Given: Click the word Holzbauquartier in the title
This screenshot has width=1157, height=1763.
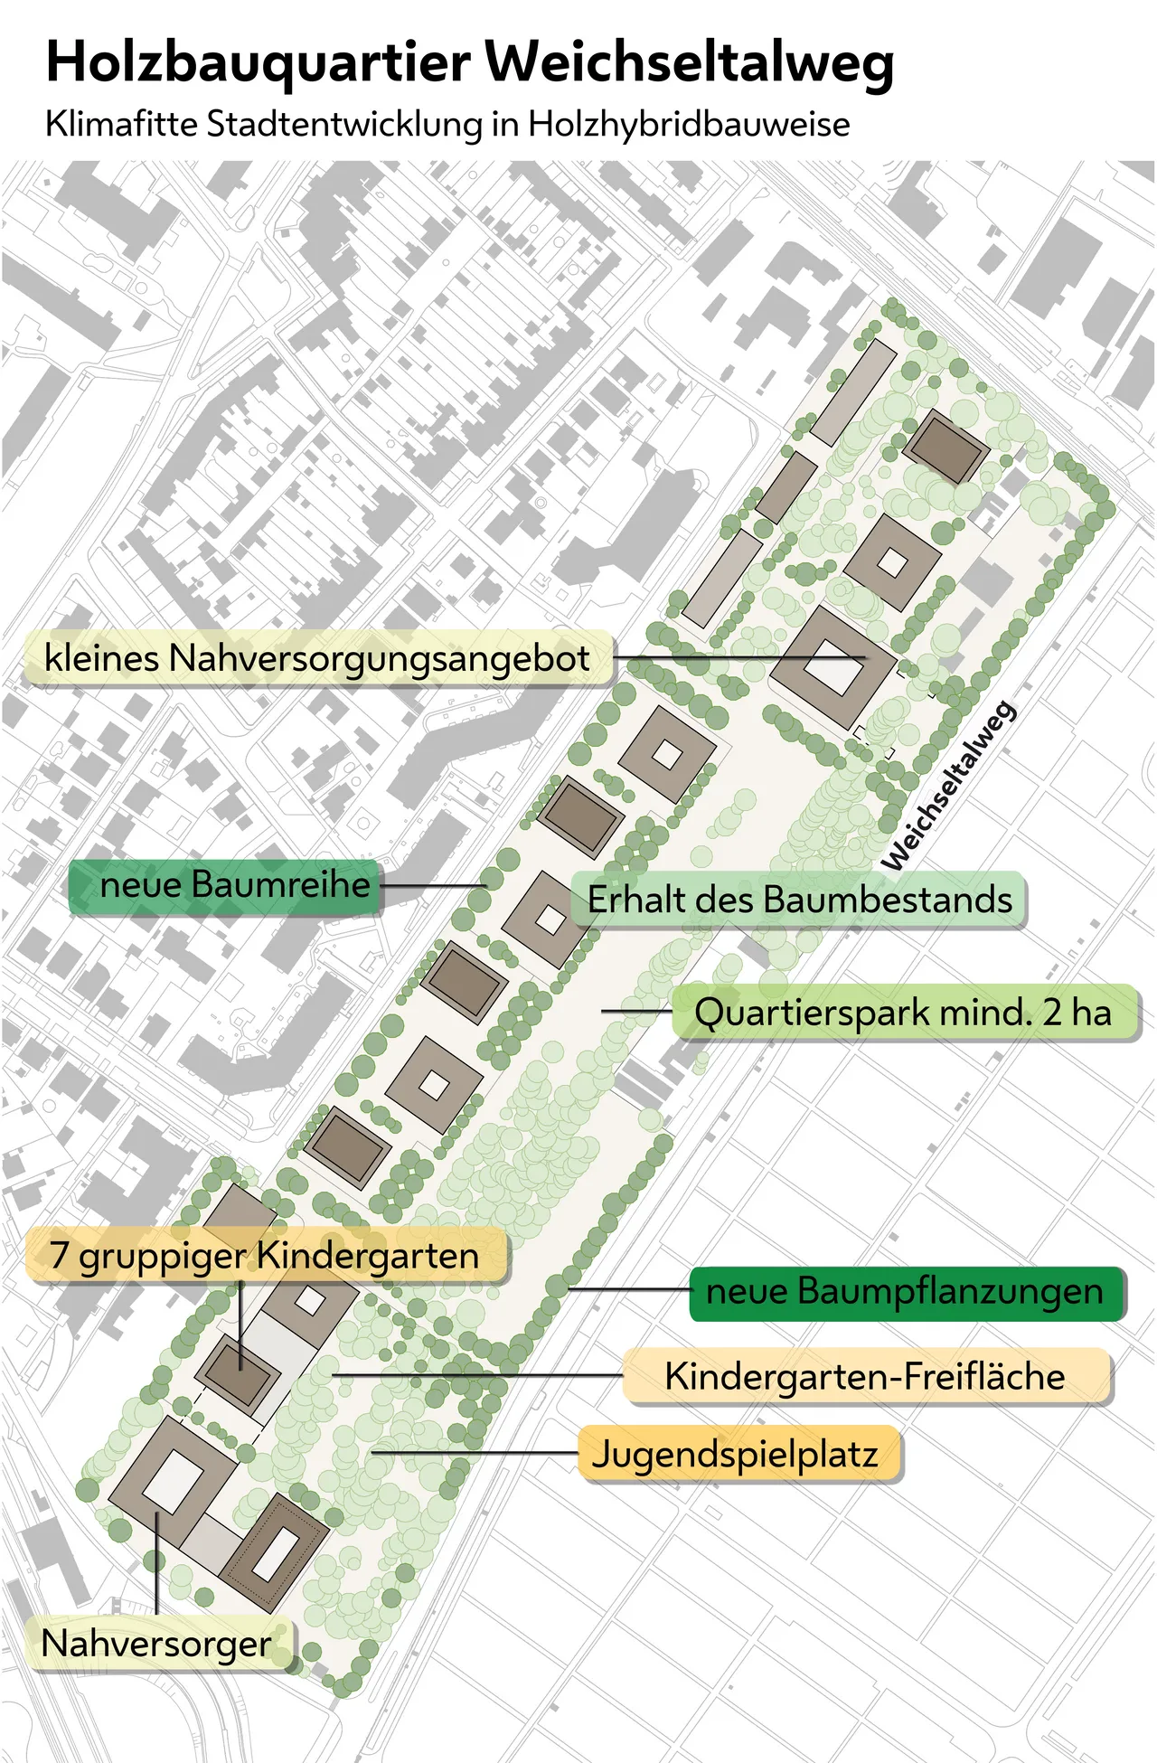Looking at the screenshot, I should [258, 63].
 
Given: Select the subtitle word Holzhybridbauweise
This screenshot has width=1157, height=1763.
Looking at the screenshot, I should [689, 125].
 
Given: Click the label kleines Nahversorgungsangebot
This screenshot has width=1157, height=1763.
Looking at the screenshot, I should [316, 658].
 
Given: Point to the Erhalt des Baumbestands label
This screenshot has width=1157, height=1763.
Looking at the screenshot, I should [799, 900].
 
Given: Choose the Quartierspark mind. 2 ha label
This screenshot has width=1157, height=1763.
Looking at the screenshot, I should [902, 1013].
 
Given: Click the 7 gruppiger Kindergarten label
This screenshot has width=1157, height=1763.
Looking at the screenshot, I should [264, 1256].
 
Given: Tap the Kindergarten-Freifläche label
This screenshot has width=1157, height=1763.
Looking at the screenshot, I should [864, 1377].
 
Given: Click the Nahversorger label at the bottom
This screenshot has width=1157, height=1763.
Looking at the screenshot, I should [156, 1644].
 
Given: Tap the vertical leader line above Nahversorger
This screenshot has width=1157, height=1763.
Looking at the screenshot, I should [156, 1564].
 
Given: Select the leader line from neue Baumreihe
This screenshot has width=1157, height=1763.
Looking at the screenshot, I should [434, 885].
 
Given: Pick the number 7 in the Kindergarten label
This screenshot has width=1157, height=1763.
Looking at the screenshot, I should [59, 1256].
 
